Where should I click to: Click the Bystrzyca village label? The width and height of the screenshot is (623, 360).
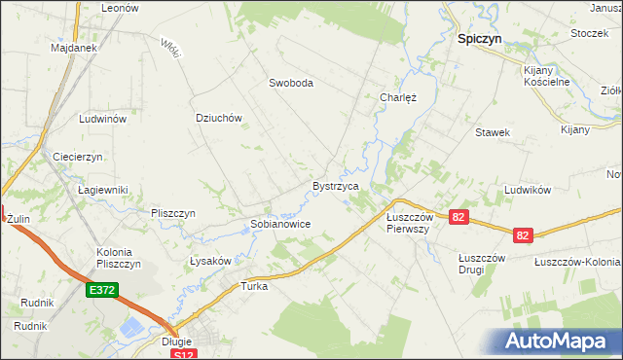click(x=336, y=185)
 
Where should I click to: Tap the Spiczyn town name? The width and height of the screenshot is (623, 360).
click(x=480, y=42)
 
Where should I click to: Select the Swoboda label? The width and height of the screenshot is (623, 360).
click(x=291, y=84)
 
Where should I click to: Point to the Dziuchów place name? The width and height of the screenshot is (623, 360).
click(x=218, y=118)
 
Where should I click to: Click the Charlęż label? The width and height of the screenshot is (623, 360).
click(x=397, y=97)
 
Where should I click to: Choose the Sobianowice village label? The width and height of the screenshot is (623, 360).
click(x=280, y=224)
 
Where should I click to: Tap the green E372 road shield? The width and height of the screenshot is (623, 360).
click(x=101, y=290)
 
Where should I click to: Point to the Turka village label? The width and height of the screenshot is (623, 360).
click(x=254, y=287)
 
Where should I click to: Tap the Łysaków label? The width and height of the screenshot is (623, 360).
click(x=209, y=261)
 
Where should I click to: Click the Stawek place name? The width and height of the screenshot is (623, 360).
click(x=493, y=131)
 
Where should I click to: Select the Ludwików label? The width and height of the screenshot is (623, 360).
click(x=529, y=190)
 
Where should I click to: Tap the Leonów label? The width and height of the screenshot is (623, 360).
click(x=121, y=7)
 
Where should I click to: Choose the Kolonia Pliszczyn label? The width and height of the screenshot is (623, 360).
click(x=119, y=258)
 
